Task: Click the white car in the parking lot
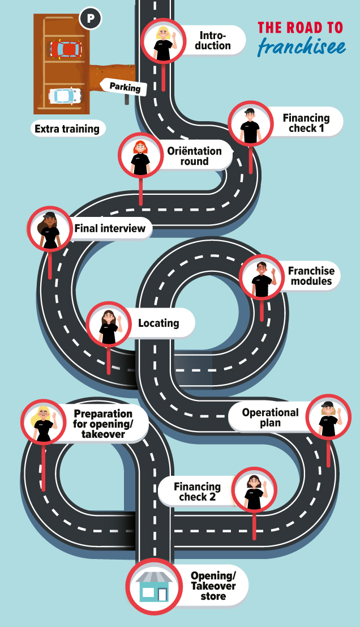coord(65,96)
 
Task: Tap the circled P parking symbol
coord(91,18)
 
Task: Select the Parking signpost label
coord(125,87)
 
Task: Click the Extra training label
coord(67,129)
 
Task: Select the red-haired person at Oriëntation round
coord(140,157)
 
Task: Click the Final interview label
coord(110,228)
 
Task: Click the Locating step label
coord(158,323)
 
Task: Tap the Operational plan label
coord(270,418)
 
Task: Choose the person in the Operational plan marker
coord(330,418)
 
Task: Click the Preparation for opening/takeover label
coord(102,424)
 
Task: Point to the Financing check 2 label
coord(197,492)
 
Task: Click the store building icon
coord(154,587)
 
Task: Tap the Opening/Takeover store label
coord(213,586)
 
